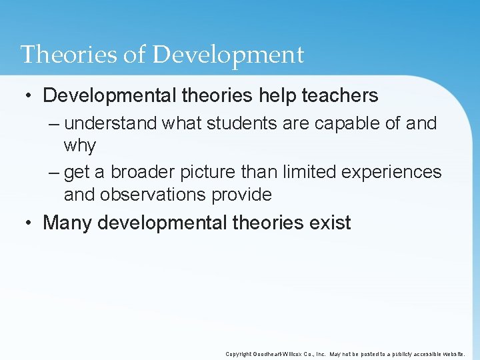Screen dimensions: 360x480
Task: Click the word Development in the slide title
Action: click(x=228, y=55)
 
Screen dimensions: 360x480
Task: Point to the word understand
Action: click(x=111, y=123)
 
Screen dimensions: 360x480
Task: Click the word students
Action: click(x=237, y=123)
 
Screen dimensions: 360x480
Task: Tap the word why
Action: click(x=80, y=146)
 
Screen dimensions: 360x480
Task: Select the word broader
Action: click(x=141, y=172)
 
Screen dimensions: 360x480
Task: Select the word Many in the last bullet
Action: click(x=67, y=223)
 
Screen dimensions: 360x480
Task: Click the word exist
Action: click(x=330, y=223)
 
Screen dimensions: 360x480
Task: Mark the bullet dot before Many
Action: click(x=29, y=223)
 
